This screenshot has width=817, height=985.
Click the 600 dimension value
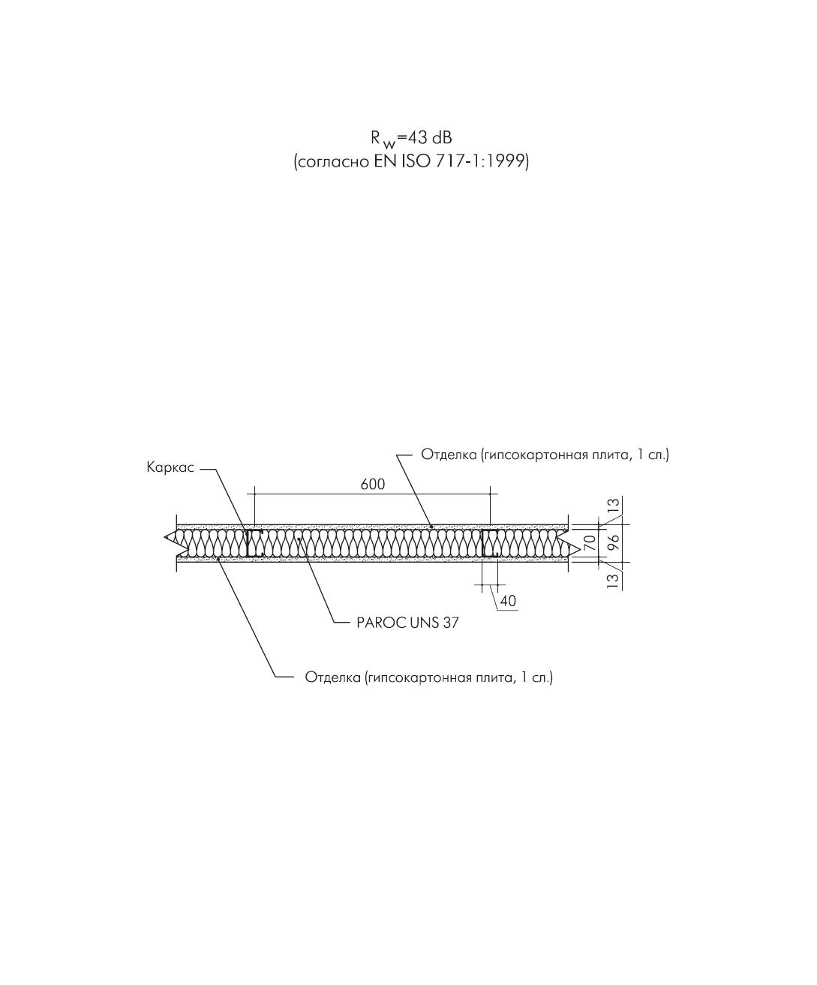click(x=373, y=485)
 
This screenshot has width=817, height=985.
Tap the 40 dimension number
click(x=508, y=601)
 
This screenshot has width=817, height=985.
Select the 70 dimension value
click(x=589, y=542)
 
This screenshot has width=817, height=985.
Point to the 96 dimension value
click(x=612, y=542)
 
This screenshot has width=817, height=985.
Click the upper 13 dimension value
click(x=612, y=506)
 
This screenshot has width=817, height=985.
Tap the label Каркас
click(x=170, y=467)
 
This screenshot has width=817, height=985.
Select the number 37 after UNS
click(x=450, y=623)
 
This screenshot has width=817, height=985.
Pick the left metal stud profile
click(x=254, y=543)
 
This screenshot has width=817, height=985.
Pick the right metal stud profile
click(x=490, y=543)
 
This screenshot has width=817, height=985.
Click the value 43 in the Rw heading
click(x=416, y=138)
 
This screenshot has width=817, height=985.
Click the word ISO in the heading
click(x=416, y=162)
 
